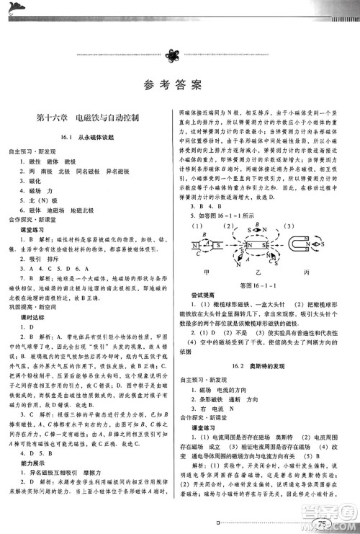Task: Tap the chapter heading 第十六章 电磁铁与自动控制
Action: click(x=91, y=116)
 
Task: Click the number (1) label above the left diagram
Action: click(x=196, y=226)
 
